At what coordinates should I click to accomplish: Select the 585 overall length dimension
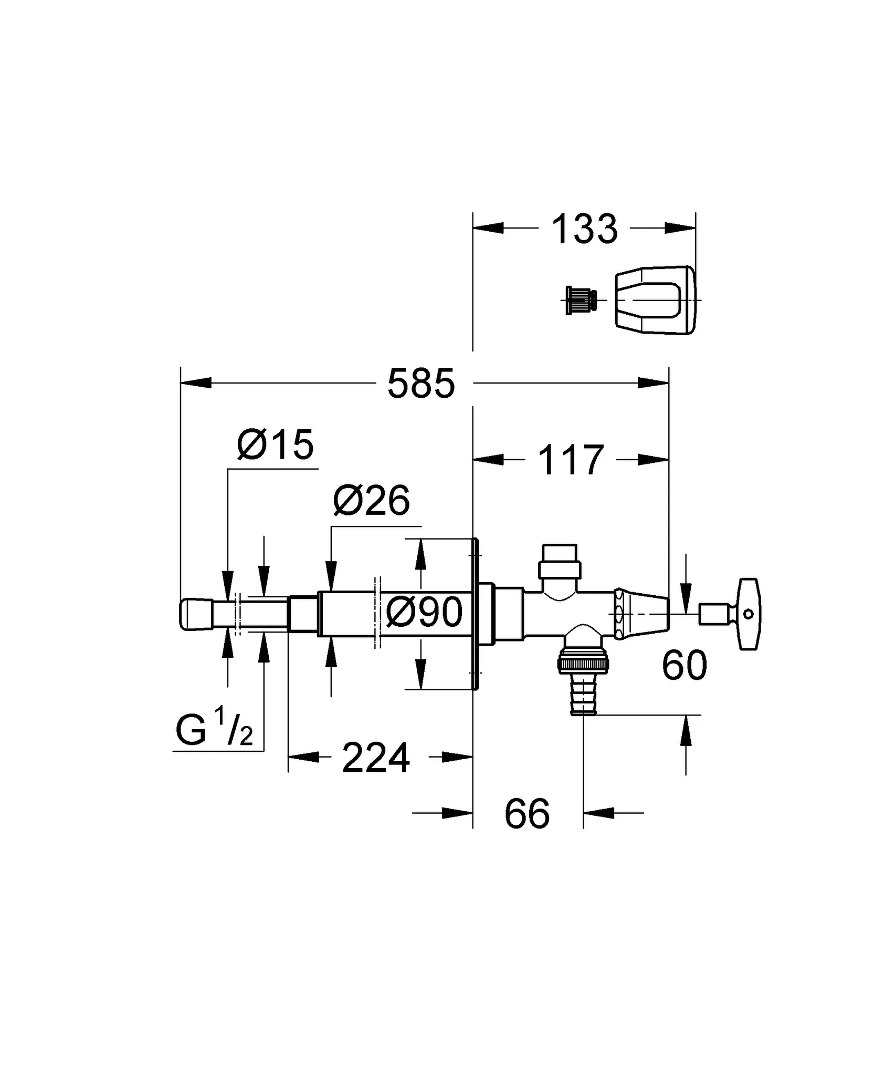click(421, 384)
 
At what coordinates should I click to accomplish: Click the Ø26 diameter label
click(371, 501)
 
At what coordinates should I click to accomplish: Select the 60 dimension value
click(685, 666)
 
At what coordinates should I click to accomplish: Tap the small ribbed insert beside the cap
click(580, 300)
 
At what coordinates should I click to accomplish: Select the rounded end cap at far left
click(195, 614)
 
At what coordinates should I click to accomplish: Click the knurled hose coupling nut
click(583, 664)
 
